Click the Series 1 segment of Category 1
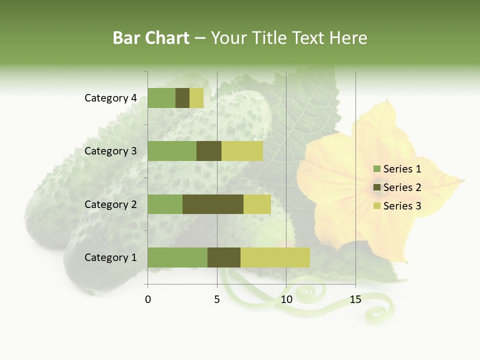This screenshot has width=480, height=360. (177, 257)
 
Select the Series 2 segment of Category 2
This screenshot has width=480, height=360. (213, 204)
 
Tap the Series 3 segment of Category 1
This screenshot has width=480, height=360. (275, 257)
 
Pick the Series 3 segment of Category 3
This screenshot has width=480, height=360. (242, 151)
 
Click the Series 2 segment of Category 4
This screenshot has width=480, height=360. (182, 98)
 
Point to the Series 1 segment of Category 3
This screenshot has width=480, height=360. (172, 151)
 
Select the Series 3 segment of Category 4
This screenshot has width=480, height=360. (196, 98)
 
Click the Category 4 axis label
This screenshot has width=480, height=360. (110, 98)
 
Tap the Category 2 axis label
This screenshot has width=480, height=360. (110, 204)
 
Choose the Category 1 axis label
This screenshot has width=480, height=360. (110, 257)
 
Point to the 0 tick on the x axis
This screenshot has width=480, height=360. (148, 299)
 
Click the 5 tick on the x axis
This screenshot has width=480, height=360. (217, 299)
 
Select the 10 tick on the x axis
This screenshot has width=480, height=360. (286, 299)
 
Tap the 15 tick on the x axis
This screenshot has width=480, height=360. (355, 299)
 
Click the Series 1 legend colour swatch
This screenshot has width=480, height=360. (376, 169)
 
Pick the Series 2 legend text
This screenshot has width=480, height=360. (402, 187)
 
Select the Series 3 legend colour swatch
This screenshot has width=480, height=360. (376, 206)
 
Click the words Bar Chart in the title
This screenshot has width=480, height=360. (151, 38)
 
